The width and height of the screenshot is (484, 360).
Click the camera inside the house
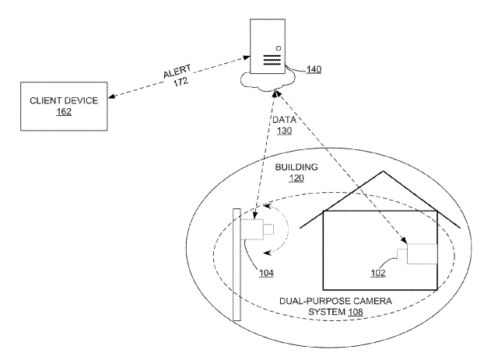tap(420, 253)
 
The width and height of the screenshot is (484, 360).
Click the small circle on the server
tap(277, 37)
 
